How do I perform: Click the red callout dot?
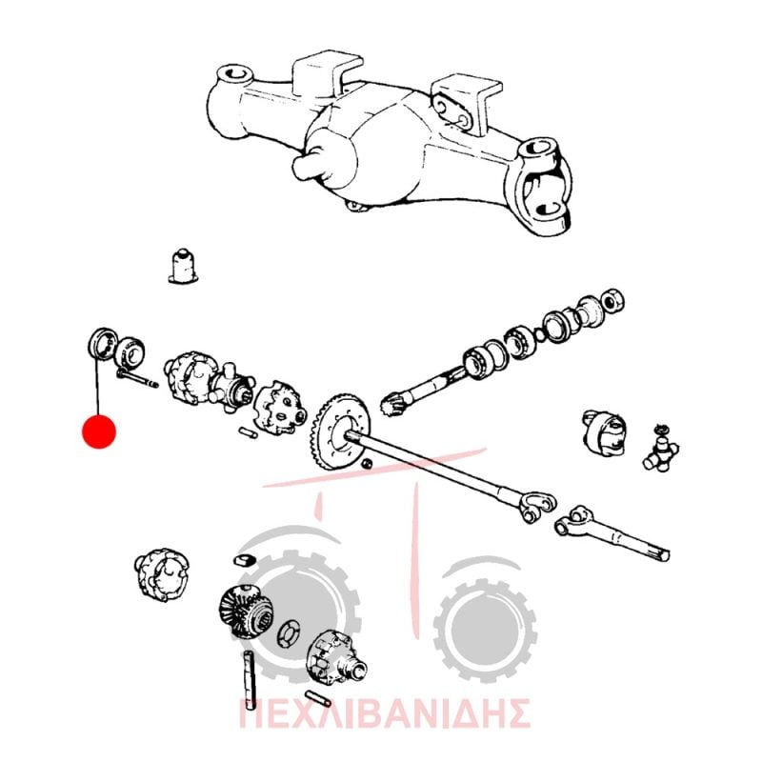99,431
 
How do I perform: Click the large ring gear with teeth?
340,432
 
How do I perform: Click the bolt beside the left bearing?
137,378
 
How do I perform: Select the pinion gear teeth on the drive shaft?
392,404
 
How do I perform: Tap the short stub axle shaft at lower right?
612,534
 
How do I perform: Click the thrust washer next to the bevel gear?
290,633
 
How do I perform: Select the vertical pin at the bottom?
250,679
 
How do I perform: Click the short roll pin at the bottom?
318,698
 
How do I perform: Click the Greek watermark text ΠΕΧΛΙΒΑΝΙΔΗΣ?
385,713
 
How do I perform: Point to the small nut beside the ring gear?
368,464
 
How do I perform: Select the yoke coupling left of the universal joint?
604,431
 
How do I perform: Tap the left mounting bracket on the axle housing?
328,73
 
